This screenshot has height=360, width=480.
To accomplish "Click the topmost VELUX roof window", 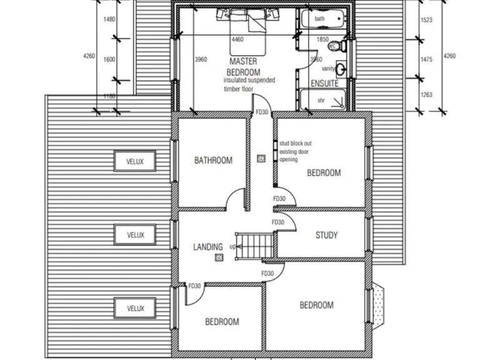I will pyautogui.click(x=135, y=161).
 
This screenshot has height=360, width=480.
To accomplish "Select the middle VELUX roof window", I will pyautogui.click(x=135, y=235).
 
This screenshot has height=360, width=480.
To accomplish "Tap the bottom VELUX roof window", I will pyautogui.click(x=135, y=308).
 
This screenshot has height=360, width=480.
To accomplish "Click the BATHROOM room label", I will pyautogui.click(x=213, y=161).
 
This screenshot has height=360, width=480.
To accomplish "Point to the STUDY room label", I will pyautogui.click(x=326, y=236).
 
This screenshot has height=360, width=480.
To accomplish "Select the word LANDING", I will pyautogui.click(x=207, y=247).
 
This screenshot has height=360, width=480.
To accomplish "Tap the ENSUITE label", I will pyautogui.click(x=324, y=83).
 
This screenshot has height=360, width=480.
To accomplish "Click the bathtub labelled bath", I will pyautogui.click(x=321, y=19).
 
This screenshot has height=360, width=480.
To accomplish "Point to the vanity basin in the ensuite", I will pyautogui.click(x=341, y=69).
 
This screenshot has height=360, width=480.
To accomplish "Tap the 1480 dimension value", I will pyautogui.click(x=109, y=19).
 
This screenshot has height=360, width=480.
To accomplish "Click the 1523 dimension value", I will pyautogui.click(x=427, y=20).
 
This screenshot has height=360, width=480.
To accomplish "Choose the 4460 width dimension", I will pyautogui.click(x=237, y=39).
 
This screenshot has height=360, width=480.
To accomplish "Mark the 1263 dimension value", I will pyautogui.click(x=427, y=95).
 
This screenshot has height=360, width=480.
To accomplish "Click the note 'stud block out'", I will pyautogui.click(x=295, y=143).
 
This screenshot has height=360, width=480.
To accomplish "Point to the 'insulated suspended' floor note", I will pyautogui.click(x=249, y=80).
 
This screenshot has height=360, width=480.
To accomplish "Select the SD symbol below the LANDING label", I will pyautogui.click(x=219, y=257).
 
